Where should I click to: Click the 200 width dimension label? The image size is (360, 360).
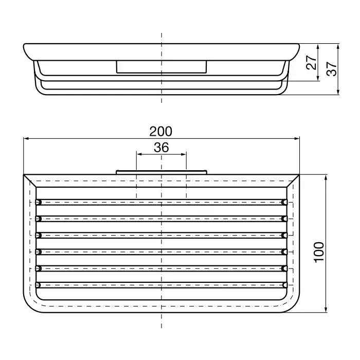click(160, 132)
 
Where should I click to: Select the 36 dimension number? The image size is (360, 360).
click(161, 148)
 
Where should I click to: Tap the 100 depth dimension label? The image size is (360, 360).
click(319, 252)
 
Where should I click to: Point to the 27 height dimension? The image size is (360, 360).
click(311, 62)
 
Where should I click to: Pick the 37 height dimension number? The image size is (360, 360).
click(331, 68)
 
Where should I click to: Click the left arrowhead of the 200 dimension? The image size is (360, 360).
click(26, 138)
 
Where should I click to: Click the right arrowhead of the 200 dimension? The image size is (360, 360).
click(297, 138)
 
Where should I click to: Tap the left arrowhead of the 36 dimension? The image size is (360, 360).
click(139, 154)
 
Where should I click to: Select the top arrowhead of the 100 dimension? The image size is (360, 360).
click(326, 177)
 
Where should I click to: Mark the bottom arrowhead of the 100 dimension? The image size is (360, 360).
click(326, 310)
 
